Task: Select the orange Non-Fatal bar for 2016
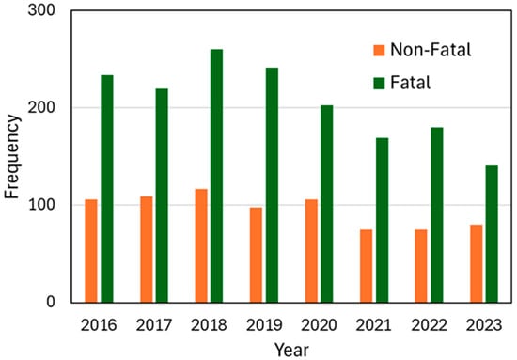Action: pos(90,251)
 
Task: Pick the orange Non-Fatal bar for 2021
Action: pos(365,266)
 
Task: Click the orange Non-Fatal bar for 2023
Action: pos(475,263)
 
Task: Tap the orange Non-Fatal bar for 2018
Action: pos(200,245)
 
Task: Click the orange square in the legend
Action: pos(380,50)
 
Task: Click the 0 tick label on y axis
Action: pos(54,302)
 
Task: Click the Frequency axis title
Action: pos(12,157)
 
